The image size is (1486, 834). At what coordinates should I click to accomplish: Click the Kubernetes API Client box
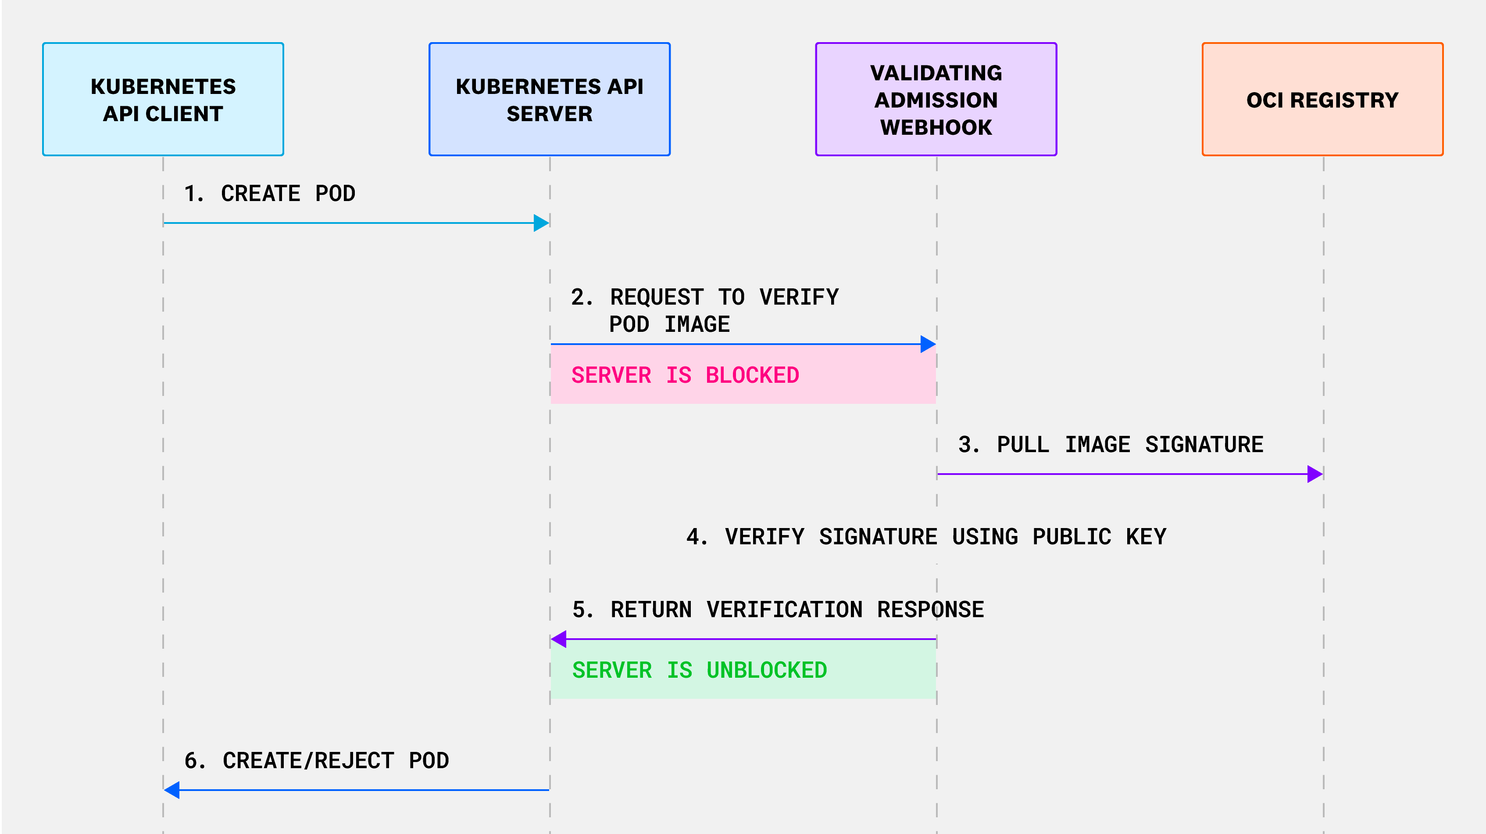(x=163, y=99)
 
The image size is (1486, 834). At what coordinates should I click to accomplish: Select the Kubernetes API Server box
(x=549, y=99)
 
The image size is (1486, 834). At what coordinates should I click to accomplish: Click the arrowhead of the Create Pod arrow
(x=541, y=223)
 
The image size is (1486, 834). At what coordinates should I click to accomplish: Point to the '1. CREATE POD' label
(x=269, y=193)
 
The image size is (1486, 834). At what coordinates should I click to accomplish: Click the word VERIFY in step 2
(x=799, y=297)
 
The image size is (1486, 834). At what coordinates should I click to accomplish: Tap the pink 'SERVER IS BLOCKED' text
(x=685, y=375)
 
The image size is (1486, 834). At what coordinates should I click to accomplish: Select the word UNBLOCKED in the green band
(x=767, y=670)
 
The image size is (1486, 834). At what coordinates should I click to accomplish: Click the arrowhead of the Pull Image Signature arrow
(x=1315, y=475)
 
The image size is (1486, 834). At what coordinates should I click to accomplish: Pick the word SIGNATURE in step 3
(x=1204, y=444)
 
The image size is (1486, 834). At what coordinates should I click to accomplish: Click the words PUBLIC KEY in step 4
(x=1100, y=537)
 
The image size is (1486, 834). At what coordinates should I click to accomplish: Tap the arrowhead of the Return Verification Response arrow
(x=559, y=639)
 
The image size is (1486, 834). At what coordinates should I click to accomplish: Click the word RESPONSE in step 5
(x=930, y=610)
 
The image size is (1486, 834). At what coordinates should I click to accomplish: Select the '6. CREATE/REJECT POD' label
(x=316, y=761)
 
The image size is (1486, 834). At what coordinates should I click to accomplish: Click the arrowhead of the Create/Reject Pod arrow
(x=172, y=790)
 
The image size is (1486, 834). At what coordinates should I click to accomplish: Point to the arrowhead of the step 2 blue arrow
(x=928, y=345)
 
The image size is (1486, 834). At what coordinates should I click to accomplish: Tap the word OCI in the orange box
(x=1265, y=101)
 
